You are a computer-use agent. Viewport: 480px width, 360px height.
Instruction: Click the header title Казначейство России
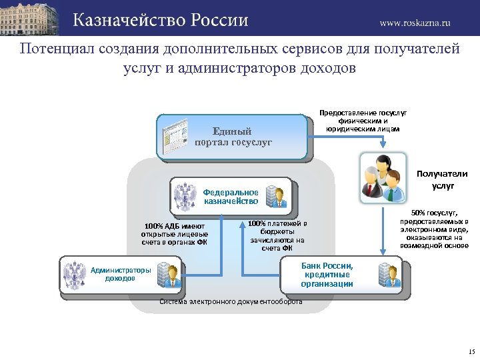[x=160, y=20]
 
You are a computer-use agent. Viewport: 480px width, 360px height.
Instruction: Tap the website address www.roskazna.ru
[x=415, y=22]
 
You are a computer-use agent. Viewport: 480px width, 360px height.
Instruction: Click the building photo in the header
[x=32, y=17]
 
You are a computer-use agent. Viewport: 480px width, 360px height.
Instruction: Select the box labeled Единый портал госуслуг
[x=233, y=137]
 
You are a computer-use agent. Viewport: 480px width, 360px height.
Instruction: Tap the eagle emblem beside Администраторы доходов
[x=74, y=274]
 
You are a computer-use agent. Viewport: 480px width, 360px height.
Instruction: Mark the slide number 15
[x=471, y=351]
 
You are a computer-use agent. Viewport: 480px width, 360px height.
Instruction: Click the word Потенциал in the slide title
[x=57, y=49]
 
